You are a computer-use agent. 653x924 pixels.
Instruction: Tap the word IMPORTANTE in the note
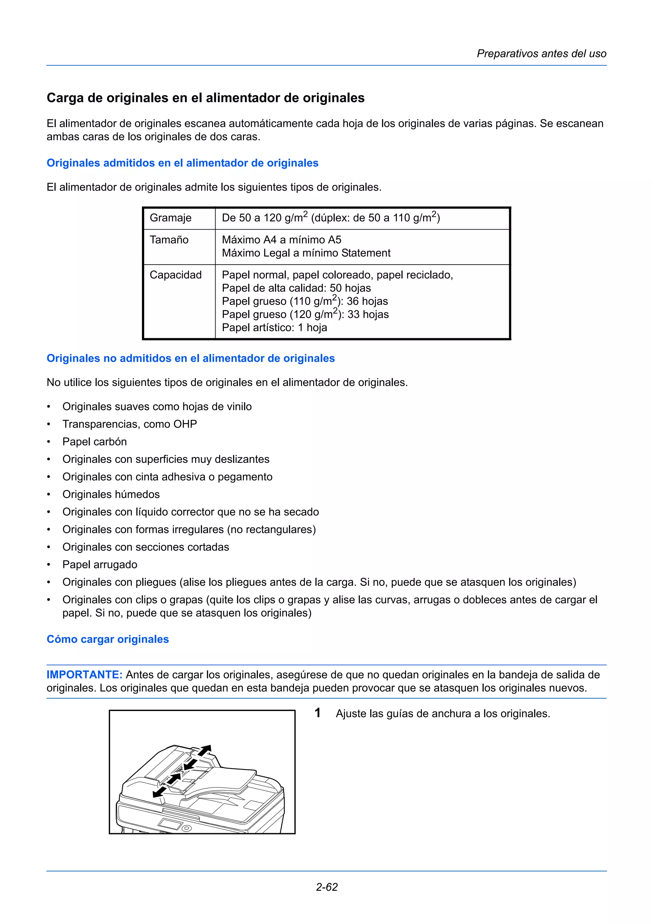(84, 674)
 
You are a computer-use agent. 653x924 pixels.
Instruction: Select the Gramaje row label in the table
(171, 218)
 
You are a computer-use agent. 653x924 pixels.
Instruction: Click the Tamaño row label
(169, 240)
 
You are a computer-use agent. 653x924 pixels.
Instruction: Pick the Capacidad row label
(175, 275)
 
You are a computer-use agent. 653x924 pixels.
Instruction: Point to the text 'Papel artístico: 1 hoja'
(275, 327)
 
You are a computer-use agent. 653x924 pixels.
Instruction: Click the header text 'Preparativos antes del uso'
(541, 54)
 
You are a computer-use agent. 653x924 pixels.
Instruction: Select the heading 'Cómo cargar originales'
(108, 639)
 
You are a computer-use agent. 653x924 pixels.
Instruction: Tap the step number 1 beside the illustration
(318, 713)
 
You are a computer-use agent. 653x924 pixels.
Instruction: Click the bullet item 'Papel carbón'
(95, 442)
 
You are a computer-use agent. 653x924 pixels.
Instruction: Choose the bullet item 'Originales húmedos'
(111, 494)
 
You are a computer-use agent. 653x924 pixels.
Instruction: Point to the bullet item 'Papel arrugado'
(100, 565)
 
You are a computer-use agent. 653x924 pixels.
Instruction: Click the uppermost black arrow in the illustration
(204, 750)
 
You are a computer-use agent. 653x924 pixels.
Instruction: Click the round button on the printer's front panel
(186, 829)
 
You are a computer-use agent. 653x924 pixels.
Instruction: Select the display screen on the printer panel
(170, 824)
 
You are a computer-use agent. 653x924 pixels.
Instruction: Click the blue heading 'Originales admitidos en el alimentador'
(182, 163)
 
